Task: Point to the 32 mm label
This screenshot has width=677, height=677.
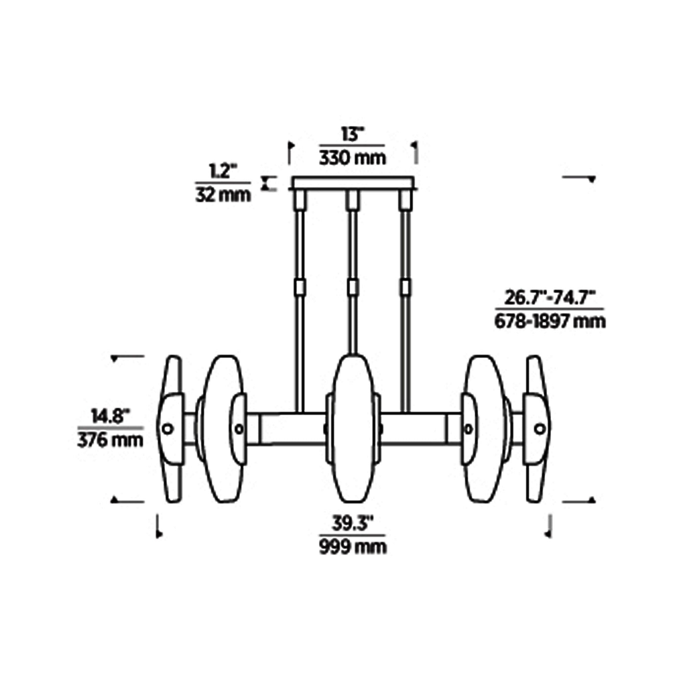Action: pos(223,195)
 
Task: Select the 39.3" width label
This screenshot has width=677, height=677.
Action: pos(352,527)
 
